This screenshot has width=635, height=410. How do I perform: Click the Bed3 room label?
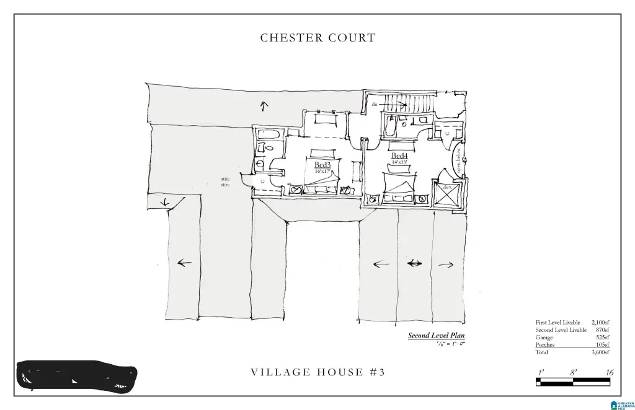322,165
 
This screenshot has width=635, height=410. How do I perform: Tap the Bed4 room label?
399,155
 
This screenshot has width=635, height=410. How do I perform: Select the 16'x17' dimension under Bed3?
322,172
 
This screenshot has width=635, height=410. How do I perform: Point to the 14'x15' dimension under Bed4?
399,162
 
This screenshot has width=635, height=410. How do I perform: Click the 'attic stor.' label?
225,182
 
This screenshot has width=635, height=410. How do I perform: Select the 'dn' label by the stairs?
375,105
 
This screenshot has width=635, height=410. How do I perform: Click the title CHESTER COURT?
317,38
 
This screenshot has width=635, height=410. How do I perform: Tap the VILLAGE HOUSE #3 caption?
317,372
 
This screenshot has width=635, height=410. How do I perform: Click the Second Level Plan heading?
436,336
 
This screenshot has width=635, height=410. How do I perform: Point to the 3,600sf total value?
600,352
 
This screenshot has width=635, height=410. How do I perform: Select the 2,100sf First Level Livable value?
600,323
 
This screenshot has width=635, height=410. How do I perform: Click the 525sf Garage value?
602,338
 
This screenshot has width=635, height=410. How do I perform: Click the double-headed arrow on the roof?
414,264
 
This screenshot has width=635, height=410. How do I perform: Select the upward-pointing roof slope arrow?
264,106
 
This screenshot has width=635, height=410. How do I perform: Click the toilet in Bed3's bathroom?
262,147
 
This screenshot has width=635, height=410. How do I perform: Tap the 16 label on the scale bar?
610,372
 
